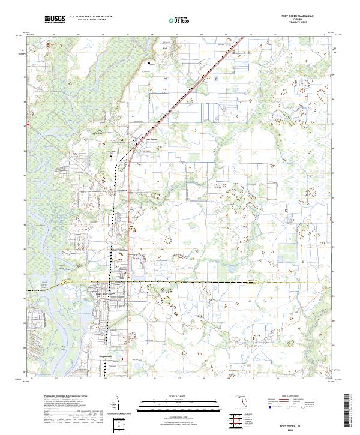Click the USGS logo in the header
coord(54,19)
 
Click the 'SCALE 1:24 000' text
coord(179,395)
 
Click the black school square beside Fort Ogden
coord(134,140)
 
